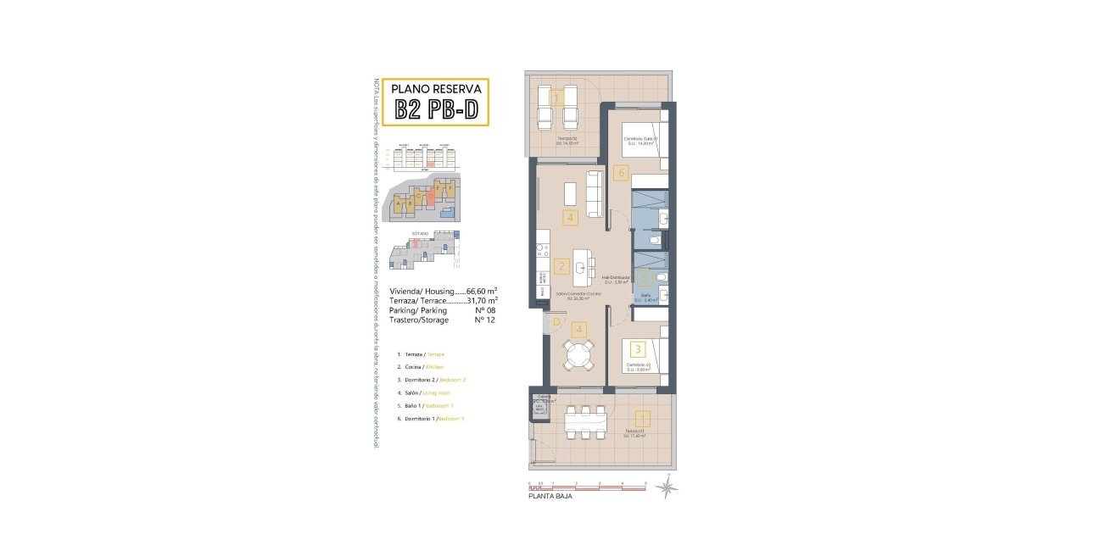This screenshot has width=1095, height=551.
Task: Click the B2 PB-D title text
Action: (436, 109)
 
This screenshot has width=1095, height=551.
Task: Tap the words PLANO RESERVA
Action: (436, 88)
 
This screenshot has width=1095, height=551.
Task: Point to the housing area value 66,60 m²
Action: (482, 291)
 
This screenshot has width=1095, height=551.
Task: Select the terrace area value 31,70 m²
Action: (482, 301)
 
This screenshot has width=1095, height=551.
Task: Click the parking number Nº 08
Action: (485, 310)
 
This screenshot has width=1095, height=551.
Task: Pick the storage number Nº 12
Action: (485, 320)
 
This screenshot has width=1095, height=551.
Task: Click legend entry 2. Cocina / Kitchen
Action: (421, 367)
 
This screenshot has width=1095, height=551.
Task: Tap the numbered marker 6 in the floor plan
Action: (621, 173)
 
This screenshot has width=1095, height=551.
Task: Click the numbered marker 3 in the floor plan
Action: (639, 348)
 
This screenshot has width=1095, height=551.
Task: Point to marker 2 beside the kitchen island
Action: (561, 266)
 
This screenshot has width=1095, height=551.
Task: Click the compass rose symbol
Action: (669, 487)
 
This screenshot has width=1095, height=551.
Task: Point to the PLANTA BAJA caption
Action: (550, 497)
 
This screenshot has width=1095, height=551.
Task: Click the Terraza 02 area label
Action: (567, 140)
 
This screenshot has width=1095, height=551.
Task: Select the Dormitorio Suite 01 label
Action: (642, 139)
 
